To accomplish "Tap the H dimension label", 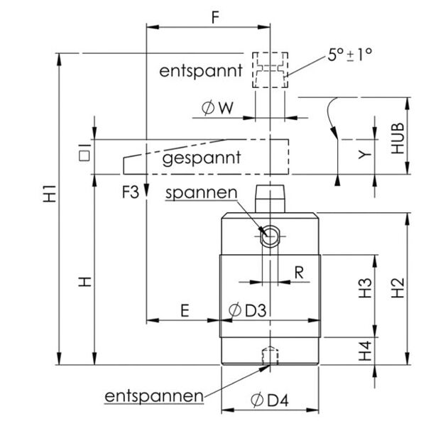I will coord(84,282).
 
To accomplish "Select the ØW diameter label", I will coord(218,109).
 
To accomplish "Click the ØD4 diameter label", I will coord(269,400).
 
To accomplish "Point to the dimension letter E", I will coord(184,310).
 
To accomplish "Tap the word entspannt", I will coord(201,71).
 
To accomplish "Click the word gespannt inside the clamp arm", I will coord(202,158).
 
